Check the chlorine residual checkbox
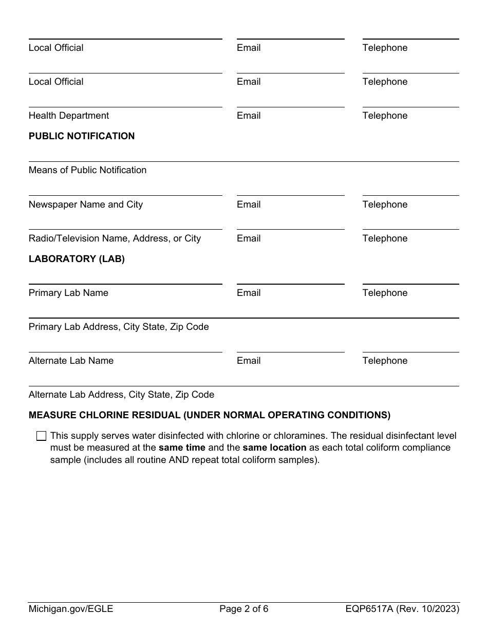click(41, 436)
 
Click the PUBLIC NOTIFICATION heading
click(82, 136)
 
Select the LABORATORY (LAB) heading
click(77, 259)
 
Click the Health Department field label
click(69, 116)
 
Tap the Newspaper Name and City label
click(86, 205)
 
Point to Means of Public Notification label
click(87, 170)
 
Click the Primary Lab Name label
click(68, 293)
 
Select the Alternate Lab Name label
click(71, 361)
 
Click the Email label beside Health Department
click(249, 116)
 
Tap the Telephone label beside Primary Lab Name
click(385, 293)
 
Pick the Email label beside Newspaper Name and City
click(249, 205)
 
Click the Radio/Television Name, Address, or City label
click(115, 238)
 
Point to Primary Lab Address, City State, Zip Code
click(119, 327)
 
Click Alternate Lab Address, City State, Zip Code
click(121, 395)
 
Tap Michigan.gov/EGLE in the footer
click(71, 609)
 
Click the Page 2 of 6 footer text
click(243, 609)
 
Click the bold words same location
click(274, 448)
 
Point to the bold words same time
click(182, 448)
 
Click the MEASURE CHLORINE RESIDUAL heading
click(209, 415)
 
